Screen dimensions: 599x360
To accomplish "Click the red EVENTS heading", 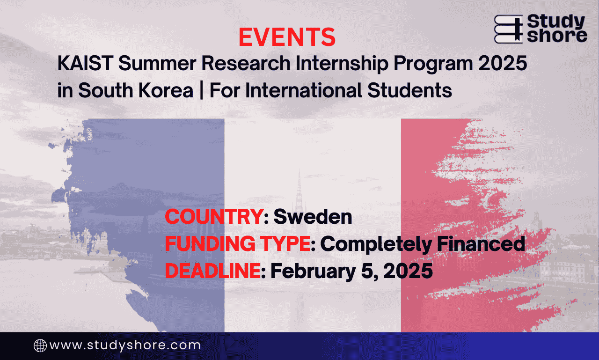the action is coord(287,37).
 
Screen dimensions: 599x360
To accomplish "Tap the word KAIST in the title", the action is coord(85,63).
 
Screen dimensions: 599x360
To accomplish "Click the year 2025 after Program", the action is coord(503,63).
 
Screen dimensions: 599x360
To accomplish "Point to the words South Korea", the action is coord(136,90).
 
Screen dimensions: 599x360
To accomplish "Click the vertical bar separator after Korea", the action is coord(201,91).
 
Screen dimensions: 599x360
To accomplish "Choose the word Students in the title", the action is coord(409,90).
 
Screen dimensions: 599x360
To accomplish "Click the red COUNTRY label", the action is coord(214,216).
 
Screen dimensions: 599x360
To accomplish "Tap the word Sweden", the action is coord(313,216).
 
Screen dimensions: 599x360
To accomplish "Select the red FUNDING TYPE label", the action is coord(238,243).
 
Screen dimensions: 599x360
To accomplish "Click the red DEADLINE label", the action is coord(213,271).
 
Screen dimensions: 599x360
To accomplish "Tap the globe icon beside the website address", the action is coord(40,345).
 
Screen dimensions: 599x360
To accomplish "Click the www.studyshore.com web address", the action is coord(125,345).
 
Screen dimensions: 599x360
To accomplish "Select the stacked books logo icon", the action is coord(508,29).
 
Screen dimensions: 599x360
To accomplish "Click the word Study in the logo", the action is coord(556,22).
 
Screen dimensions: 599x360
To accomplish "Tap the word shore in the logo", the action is coord(557,36).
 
